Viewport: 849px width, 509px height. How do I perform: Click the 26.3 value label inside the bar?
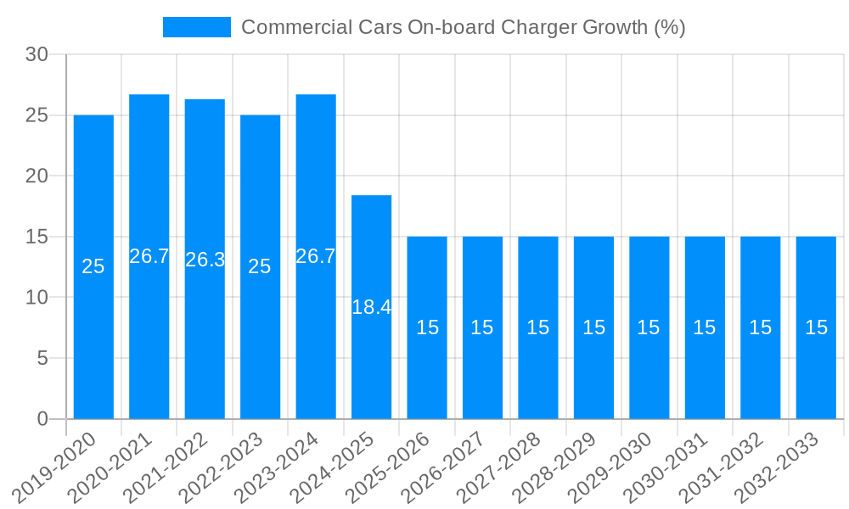pos(205,260)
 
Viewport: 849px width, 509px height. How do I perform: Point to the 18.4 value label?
pos(372,308)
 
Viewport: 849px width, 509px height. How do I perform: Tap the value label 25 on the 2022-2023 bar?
pos(260,266)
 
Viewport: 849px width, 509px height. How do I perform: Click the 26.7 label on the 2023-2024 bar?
pos(316,256)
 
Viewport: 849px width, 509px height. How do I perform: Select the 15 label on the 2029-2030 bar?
pos(649,327)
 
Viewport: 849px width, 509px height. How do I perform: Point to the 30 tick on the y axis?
pos(37,54)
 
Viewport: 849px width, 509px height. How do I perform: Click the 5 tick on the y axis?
pos(42,358)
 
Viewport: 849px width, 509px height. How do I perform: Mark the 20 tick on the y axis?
pos(37,176)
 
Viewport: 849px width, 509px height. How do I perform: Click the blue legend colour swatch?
pos(196,27)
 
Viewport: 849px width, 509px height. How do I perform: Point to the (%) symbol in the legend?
pos(669,27)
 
